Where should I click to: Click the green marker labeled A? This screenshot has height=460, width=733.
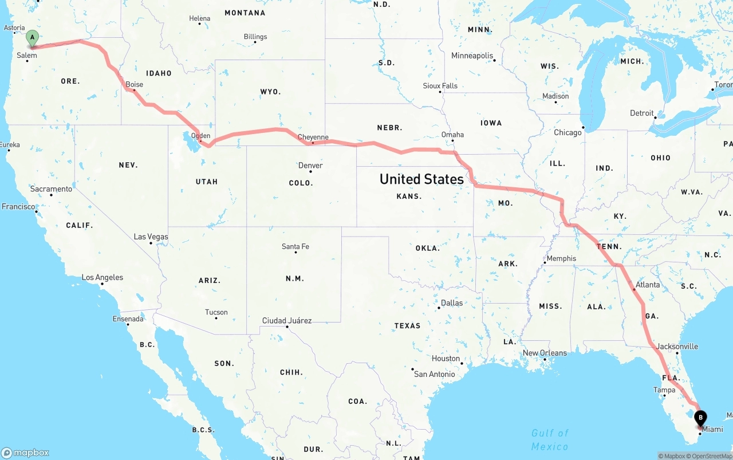pyautogui.click(x=33, y=38)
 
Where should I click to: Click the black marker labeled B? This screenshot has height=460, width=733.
pyautogui.click(x=700, y=419)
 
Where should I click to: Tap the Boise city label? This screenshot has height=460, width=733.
pyautogui.click(x=135, y=84)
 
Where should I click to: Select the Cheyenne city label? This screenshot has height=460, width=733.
pyautogui.click(x=313, y=137)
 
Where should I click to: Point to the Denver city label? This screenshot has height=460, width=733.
pyautogui.click(x=311, y=166)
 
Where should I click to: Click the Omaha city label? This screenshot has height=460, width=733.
pyautogui.click(x=452, y=135)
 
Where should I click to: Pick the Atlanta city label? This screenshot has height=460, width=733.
pyautogui.click(x=648, y=285)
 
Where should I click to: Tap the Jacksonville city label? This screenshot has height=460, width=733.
pyautogui.click(x=677, y=346)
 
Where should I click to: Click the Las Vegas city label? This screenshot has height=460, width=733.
pyautogui.click(x=151, y=237)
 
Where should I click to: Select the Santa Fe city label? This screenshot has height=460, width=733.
pyautogui.click(x=295, y=246)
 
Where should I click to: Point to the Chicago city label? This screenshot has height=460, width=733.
pyautogui.click(x=568, y=132)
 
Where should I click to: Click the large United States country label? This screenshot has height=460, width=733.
pyautogui.click(x=421, y=179)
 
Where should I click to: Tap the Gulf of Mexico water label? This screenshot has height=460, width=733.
pyautogui.click(x=550, y=439)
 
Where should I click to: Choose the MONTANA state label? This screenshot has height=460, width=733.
pyautogui.click(x=245, y=13)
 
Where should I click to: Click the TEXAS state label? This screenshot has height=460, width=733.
pyautogui.click(x=407, y=325)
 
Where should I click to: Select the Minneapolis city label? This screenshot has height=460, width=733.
pyautogui.click(x=472, y=56)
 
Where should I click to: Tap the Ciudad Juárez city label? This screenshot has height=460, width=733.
pyautogui.click(x=287, y=320)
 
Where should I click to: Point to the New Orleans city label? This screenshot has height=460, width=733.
pyautogui.click(x=545, y=353)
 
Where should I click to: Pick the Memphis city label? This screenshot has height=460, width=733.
pyautogui.click(x=561, y=258)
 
